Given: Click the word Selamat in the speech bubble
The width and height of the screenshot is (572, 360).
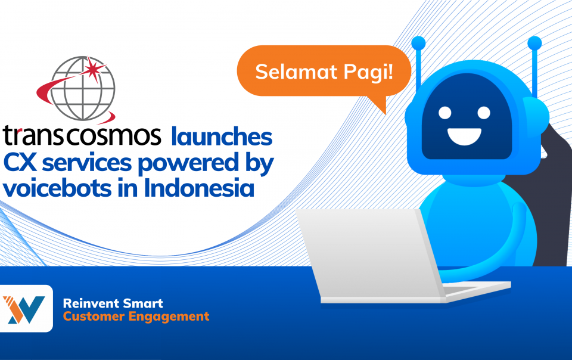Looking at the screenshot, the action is tap(296, 72).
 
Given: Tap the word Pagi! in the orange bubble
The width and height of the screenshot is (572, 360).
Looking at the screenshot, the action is tap(368, 73).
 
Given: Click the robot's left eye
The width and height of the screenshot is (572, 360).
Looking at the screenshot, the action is tap(444, 113).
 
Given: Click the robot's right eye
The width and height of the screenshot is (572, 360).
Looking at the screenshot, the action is tap(484, 113).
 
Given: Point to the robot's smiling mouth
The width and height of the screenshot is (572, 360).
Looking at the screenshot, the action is tap(464, 136).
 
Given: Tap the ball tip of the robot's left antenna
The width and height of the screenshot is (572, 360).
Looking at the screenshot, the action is tap(418, 43).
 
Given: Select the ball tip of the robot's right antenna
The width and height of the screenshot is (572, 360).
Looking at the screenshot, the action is tap(534, 43).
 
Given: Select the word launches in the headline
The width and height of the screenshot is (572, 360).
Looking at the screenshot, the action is tap(222, 136).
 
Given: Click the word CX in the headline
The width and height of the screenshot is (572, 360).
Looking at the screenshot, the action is tap(20, 163).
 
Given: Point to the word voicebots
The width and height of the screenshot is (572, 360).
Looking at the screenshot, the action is tap(57, 188).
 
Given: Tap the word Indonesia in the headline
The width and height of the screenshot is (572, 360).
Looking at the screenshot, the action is tap(199, 188).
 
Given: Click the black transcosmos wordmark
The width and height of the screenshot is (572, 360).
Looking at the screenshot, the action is tap(82, 135).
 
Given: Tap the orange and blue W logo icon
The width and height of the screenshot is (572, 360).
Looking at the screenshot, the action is tap(24, 309).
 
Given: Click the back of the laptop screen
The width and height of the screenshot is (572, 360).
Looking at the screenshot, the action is tap(368, 255).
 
